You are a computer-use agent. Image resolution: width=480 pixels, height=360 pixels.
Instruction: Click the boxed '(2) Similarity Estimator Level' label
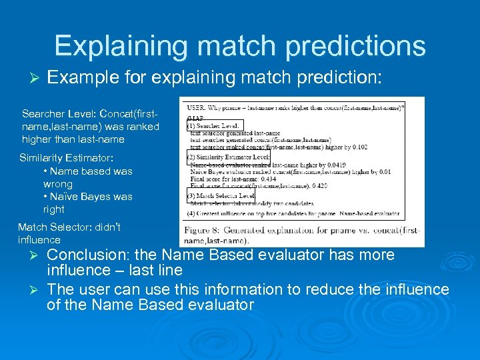coord(228,157)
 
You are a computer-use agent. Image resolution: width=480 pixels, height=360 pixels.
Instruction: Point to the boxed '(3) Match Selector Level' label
coord(221,196)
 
